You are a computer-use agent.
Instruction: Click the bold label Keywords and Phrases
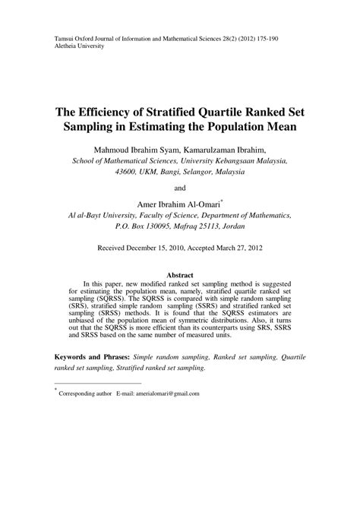(x=91, y=356)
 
